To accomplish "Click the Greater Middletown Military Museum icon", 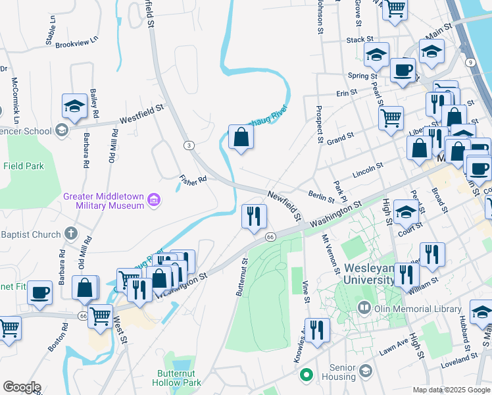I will [x=154, y=199].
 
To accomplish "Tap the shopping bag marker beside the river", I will [x=241, y=137].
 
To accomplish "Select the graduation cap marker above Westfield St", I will [x=75, y=106].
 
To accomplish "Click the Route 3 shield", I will [x=189, y=145].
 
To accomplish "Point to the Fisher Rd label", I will [x=193, y=178].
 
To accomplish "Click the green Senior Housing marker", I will [x=305, y=376].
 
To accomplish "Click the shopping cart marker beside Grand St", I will [x=391, y=118].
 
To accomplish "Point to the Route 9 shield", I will [x=470, y=63].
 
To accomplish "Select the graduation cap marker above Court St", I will [x=406, y=213].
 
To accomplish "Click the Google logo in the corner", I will [x=21, y=387].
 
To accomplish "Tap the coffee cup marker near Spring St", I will [x=402, y=70].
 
